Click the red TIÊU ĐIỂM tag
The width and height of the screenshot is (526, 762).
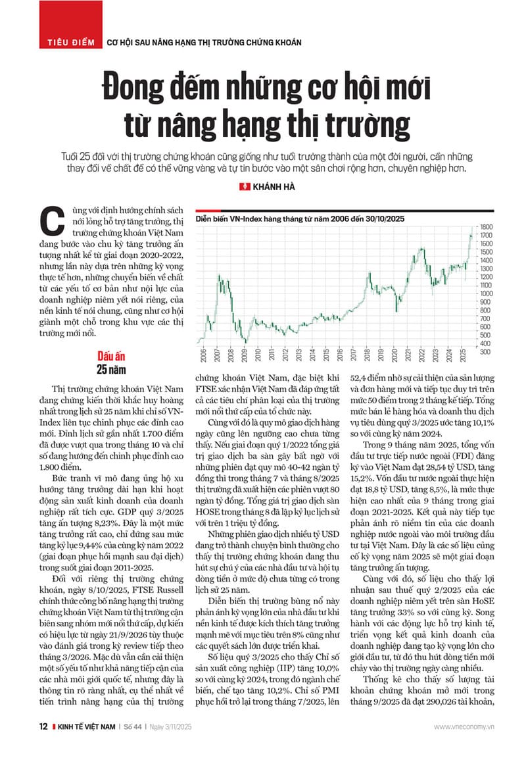point(70,42)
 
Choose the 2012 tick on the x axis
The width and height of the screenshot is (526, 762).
point(284,358)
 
